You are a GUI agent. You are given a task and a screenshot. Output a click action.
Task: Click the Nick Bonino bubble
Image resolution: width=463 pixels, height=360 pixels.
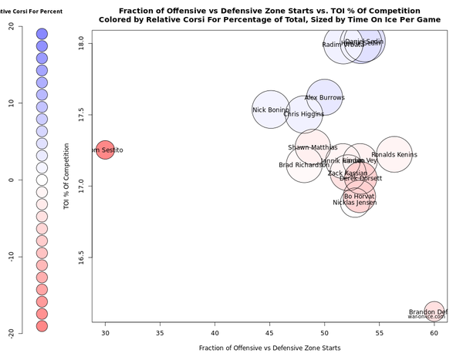click(x=270, y=110)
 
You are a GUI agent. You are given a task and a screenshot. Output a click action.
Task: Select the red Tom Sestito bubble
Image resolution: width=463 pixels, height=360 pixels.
click(x=106, y=150)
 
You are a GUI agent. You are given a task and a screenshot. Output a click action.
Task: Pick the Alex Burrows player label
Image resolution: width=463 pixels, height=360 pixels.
click(x=325, y=98)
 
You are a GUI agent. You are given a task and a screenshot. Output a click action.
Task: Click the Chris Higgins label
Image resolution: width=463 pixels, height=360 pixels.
click(x=303, y=114)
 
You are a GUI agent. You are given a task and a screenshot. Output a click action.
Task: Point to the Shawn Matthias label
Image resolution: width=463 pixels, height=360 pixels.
click(x=313, y=147)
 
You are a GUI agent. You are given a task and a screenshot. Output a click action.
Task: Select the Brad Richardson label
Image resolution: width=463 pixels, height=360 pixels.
click(x=303, y=165)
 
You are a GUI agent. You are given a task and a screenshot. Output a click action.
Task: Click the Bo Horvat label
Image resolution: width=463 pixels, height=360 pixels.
click(x=359, y=197)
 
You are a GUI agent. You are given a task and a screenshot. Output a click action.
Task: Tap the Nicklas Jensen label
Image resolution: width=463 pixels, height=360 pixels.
click(x=354, y=203)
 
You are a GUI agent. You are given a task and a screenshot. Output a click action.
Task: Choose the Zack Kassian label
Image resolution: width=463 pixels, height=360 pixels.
click(x=347, y=173)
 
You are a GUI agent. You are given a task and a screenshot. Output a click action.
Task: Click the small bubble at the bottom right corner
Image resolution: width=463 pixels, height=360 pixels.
click(x=434, y=311)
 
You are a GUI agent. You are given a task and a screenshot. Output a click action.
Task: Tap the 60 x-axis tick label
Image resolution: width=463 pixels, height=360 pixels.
click(x=434, y=332)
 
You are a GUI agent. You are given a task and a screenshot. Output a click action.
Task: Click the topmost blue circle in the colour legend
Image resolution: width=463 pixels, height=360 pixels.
click(x=42, y=34)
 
